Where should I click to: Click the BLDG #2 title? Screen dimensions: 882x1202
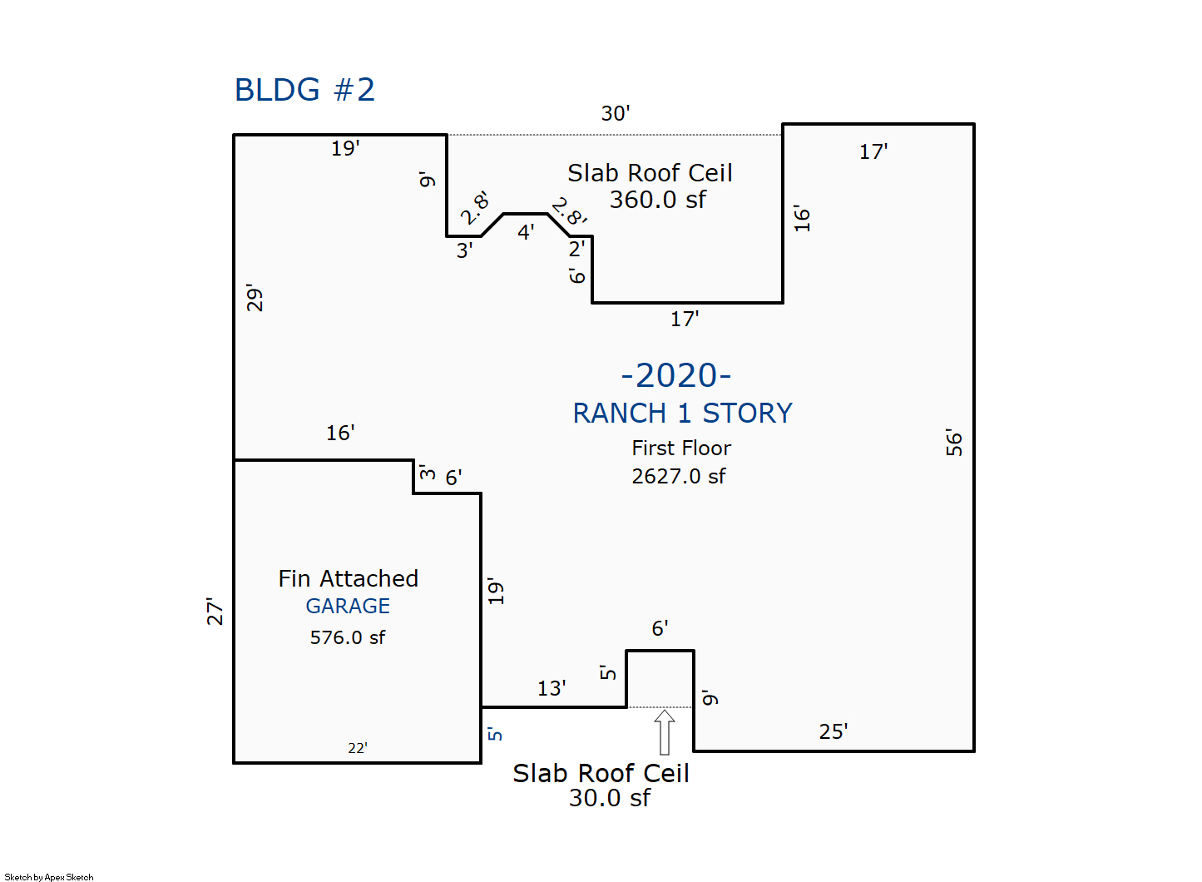pos(304,90)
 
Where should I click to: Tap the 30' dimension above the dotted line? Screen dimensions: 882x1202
pos(616,113)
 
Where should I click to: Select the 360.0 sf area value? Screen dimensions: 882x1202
pos(657,200)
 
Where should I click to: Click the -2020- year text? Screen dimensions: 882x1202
pos(676,375)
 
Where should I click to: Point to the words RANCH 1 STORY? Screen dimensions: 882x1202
pos(682,413)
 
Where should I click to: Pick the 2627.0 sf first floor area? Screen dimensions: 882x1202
pos(678,476)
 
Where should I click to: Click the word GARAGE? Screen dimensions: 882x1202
pos(348,606)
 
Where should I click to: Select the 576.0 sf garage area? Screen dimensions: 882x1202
pos(348,637)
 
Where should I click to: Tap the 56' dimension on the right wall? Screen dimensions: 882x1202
pos(954,443)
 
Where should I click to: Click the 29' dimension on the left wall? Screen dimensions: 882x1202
pos(255,298)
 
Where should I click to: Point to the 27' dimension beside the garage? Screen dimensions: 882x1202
pos(215,612)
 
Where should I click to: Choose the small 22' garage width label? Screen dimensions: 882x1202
pos(358,748)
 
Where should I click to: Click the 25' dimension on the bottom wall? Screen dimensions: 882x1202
pos(833,731)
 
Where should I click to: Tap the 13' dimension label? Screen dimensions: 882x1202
pos(552,688)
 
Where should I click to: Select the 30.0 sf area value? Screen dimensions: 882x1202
pos(610,798)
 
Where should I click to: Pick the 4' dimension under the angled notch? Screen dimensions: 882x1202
pos(526,232)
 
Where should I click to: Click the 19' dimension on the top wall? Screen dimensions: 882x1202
pos(345,148)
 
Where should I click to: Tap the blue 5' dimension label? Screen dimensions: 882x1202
pos(495,734)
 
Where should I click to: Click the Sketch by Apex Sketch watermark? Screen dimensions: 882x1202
pos(49,877)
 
